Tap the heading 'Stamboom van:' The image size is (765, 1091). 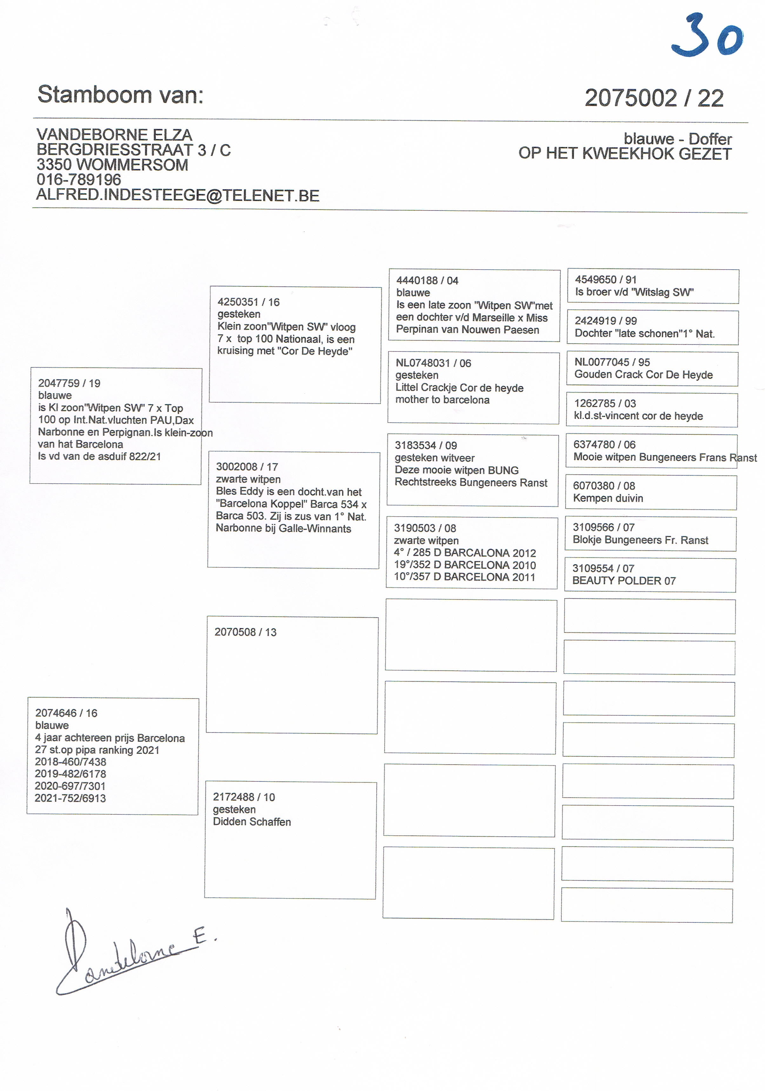tap(120, 95)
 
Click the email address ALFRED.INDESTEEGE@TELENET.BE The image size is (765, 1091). tap(178, 195)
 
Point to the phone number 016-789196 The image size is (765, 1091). tap(78, 180)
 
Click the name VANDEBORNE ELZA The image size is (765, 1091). tap(114, 135)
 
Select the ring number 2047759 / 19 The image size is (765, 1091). tap(69, 383)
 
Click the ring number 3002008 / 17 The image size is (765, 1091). tap(247, 467)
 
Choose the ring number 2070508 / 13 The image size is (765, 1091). tap(245, 632)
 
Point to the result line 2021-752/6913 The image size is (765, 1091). tap(70, 798)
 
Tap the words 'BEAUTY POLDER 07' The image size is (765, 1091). tap(623, 581)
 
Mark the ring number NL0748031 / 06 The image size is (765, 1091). tap(433, 363)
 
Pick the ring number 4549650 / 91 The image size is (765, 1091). tap(605, 280)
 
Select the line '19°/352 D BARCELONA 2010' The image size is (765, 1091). tap(464, 565)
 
